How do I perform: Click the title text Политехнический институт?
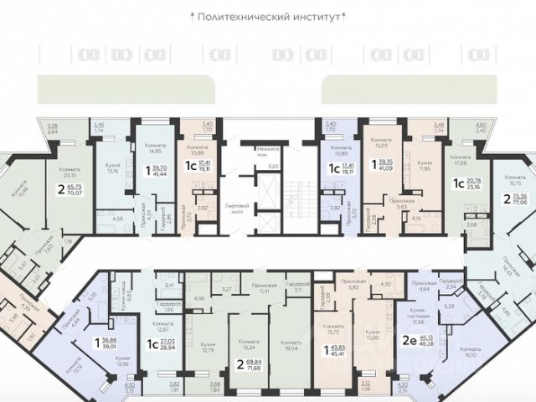(268, 16)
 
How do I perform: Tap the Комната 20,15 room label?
(70, 173)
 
